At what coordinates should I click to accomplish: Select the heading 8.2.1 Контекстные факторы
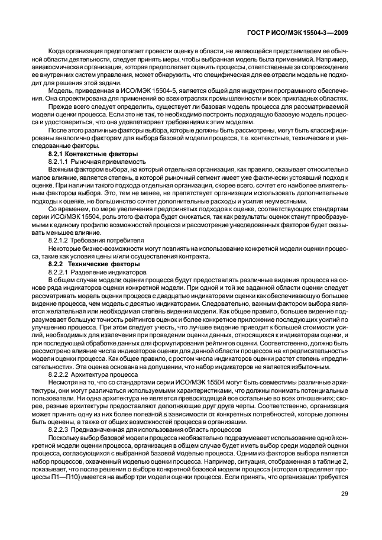point(89,154)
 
